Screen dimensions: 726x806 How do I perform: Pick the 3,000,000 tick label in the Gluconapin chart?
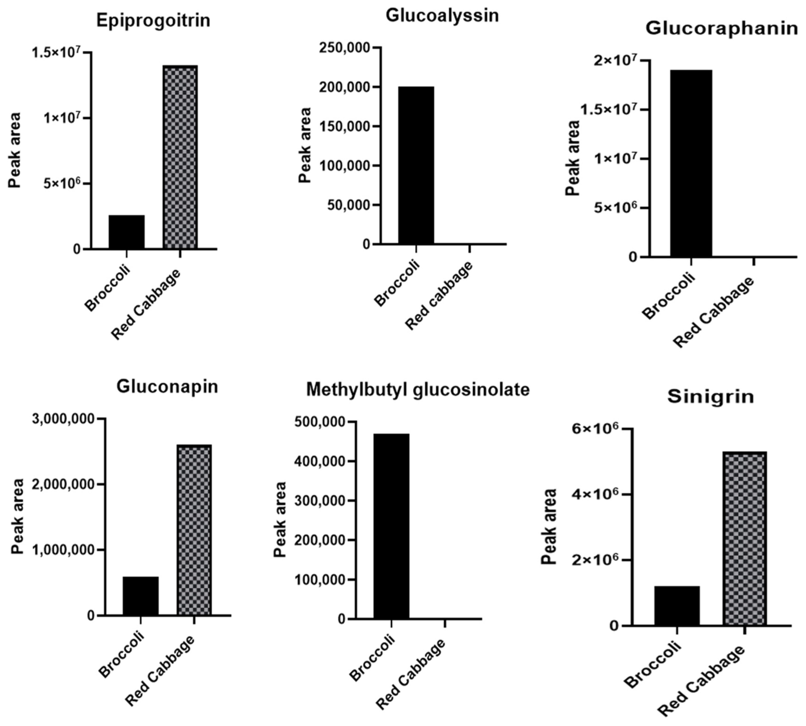(x=64, y=419)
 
